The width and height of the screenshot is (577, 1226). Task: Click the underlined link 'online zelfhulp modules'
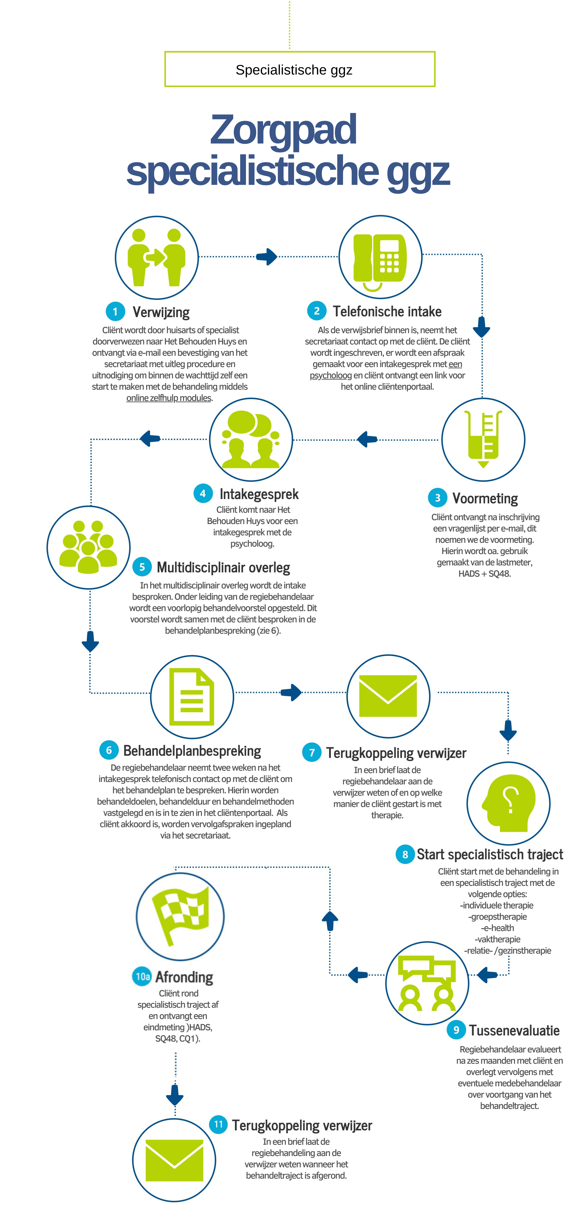pyautogui.click(x=169, y=398)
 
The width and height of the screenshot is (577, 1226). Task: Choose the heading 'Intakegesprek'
pyautogui.click(x=259, y=494)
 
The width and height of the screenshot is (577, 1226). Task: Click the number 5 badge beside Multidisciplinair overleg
pyautogui.click(x=142, y=567)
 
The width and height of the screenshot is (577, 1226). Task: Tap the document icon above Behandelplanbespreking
pyautogui.click(x=192, y=697)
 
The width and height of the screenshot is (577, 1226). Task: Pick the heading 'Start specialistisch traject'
pyautogui.click(x=490, y=854)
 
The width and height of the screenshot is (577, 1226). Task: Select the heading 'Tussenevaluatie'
pyautogui.click(x=514, y=1030)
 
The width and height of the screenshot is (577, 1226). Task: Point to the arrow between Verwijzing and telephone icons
pyautogui.click(x=267, y=256)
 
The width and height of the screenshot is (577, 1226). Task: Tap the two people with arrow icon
pyautogui.click(x=157, y=257)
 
